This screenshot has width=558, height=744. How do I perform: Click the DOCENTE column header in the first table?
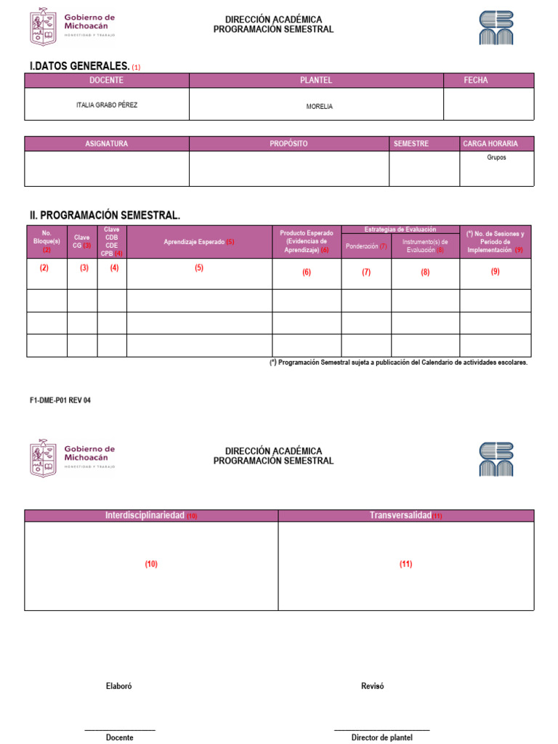106,81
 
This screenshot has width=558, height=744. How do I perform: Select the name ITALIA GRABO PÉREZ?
107,105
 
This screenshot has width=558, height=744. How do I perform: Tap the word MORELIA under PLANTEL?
320,106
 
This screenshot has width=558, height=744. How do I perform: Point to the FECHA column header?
476,81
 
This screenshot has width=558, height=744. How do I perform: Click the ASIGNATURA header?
106,144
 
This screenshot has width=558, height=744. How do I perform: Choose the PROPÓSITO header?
288,144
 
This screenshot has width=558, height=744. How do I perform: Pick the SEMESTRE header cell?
411,144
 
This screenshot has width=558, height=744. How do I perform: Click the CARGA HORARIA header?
490,144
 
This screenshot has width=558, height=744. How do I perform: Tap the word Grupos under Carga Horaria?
497,157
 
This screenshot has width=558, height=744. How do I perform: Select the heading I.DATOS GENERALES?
79,66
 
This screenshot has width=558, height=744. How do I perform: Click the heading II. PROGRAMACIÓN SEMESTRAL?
105,215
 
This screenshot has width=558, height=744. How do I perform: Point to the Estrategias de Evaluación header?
400,229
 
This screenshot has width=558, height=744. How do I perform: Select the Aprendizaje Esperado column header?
195,242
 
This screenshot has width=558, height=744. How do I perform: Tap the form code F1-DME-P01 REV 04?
60,400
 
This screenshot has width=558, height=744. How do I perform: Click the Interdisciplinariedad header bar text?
145,515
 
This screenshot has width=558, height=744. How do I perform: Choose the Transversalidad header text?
401,515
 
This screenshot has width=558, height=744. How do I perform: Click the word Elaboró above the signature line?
119,686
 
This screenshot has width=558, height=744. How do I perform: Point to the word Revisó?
372,686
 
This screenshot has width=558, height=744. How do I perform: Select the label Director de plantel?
382,737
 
